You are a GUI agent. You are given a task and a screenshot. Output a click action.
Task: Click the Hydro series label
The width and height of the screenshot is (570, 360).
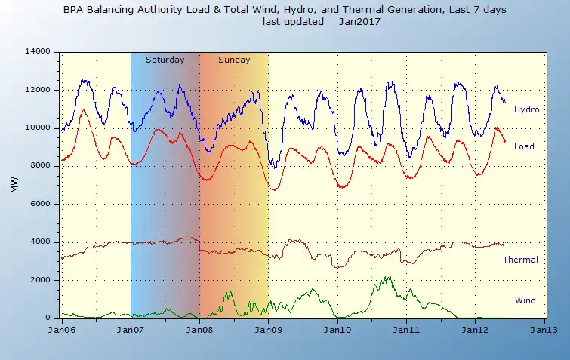click(526, 110)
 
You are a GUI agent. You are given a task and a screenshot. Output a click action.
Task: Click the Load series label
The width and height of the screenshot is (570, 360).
click(525, 146)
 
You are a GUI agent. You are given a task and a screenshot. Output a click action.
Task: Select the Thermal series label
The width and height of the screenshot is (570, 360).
click(520, 260)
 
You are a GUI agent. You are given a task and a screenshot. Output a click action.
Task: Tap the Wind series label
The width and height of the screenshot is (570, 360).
click(525, 300)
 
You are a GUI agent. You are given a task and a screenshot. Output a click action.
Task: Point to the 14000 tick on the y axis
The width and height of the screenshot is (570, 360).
click(37, 51)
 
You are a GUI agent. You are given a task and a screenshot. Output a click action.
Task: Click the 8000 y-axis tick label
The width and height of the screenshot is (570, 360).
click(39, 165)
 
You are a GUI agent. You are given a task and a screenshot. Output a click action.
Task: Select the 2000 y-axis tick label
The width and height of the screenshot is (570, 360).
click(39, 280)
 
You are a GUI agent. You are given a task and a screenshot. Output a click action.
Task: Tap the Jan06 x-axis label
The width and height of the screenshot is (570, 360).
click(61, 331)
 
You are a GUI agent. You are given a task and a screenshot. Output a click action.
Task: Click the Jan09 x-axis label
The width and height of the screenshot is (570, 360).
click(269, 331)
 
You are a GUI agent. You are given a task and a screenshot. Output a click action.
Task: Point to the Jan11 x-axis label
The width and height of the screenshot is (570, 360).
click(407, 331)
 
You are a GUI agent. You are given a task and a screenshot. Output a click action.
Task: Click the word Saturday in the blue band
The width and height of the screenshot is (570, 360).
click(165, 60)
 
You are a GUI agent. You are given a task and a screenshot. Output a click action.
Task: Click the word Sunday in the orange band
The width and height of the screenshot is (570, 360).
click(234, 60)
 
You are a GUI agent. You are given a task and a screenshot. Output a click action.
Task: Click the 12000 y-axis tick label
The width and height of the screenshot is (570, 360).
click(37, 90)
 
